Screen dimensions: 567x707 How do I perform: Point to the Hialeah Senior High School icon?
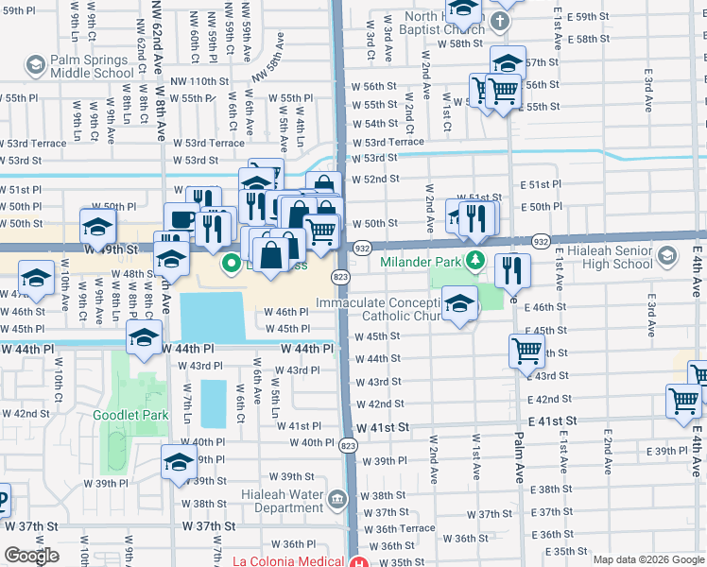[667, 256]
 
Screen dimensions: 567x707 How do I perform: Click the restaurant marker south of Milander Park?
[512, 268]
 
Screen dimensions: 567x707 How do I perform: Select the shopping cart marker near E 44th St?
[526, 351]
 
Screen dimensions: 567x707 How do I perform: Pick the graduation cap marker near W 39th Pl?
[178, 462]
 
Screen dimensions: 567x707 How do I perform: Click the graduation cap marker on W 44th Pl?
[143, 337]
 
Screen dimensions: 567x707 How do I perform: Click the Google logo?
[30, 556]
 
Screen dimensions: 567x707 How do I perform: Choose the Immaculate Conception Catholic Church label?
[378, 310]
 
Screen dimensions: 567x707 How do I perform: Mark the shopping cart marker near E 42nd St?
[682, 399]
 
